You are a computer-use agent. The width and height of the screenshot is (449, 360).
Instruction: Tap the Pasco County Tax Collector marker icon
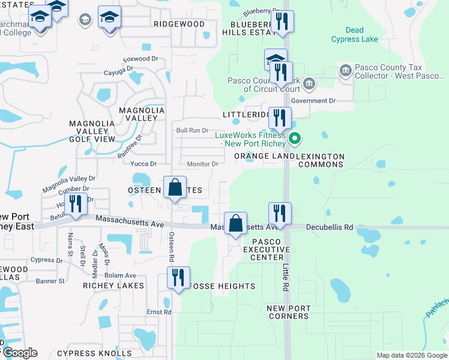point(346,71)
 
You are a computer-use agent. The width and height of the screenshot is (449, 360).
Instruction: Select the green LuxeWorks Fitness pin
point(295,139)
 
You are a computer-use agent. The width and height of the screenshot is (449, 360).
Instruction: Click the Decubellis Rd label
point(330,227)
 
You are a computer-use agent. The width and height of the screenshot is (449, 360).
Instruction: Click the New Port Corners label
point(289,312)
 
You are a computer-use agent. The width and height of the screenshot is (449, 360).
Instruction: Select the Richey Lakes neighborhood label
point(113,286)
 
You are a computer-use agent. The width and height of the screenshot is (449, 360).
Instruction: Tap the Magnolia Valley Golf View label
point(92,131)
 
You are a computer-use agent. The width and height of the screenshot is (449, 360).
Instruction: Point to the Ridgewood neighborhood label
point(179,23)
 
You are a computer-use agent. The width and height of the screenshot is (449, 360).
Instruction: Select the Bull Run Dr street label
point(191,130)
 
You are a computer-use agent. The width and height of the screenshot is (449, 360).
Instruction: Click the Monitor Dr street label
point(202,164)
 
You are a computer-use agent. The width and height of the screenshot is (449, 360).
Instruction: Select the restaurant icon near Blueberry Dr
point(281,22)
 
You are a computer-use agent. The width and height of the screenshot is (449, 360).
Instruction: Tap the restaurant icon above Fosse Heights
point(178,277)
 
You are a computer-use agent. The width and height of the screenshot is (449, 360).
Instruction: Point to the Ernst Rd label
point(159,312)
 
